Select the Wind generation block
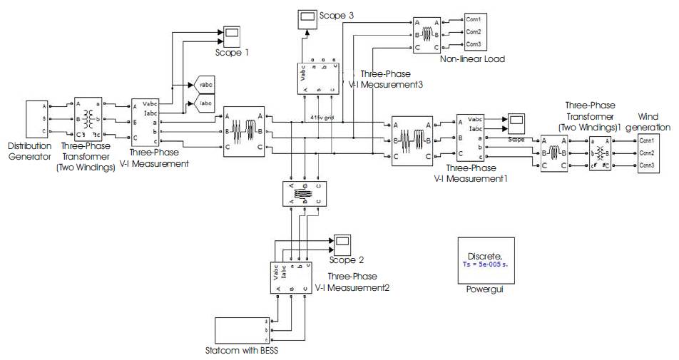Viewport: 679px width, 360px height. click(648, 153)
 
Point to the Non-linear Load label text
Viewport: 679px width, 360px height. click(472, 59)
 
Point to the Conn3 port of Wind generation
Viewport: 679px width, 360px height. click(647, 165)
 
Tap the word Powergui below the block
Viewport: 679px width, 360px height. click(484, 291)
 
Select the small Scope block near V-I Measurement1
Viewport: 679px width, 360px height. click(516, 121)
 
